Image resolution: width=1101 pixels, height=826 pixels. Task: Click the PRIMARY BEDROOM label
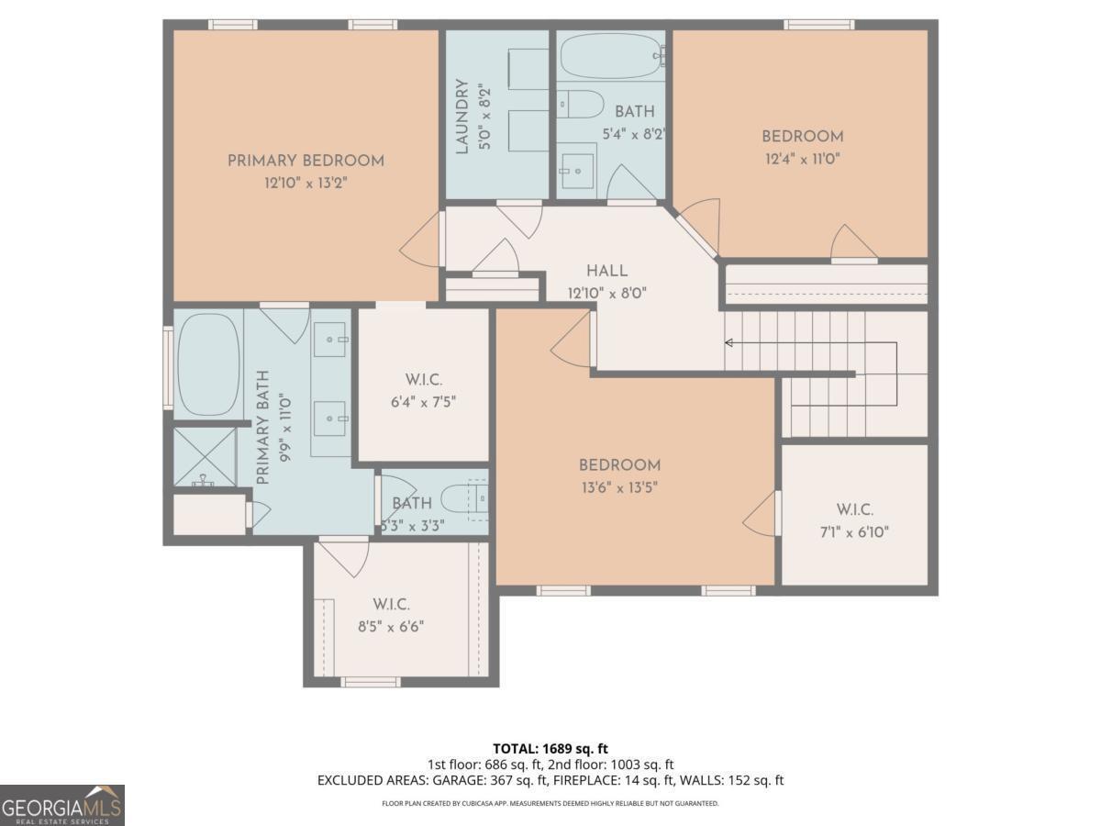(x=306, y=161)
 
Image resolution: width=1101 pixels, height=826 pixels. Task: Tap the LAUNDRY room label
(x=462, y=117)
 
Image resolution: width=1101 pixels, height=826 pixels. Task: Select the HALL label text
(x=607, y=271)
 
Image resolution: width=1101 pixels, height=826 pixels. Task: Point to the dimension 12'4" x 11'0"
(x=803, y=159)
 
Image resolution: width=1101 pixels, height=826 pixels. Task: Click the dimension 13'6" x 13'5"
(x=619, y=487)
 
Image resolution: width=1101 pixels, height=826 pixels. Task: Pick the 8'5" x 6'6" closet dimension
(x=391, y=627)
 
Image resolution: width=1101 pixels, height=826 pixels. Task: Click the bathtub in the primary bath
(x=208, y=364)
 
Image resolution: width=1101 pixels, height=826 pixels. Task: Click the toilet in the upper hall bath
(x=579, y=105)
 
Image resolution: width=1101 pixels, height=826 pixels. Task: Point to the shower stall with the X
(x=205, y=457)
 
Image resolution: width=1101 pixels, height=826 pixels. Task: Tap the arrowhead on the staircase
(x=728, y=343)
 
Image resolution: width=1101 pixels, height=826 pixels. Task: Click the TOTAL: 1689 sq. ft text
(x=550, y=749)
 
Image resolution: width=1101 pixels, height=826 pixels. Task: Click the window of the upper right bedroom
(x=819, y=25)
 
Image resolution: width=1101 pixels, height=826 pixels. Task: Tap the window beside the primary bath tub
(x=168, y=368)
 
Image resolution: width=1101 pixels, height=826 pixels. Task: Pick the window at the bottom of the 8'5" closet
(x=371, y=682)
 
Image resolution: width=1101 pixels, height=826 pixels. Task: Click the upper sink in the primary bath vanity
(x=330, y=340)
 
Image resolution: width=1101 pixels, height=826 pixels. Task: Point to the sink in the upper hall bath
(x=577, y=171)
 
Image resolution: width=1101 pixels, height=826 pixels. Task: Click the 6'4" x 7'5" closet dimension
(x=423, y=402)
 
